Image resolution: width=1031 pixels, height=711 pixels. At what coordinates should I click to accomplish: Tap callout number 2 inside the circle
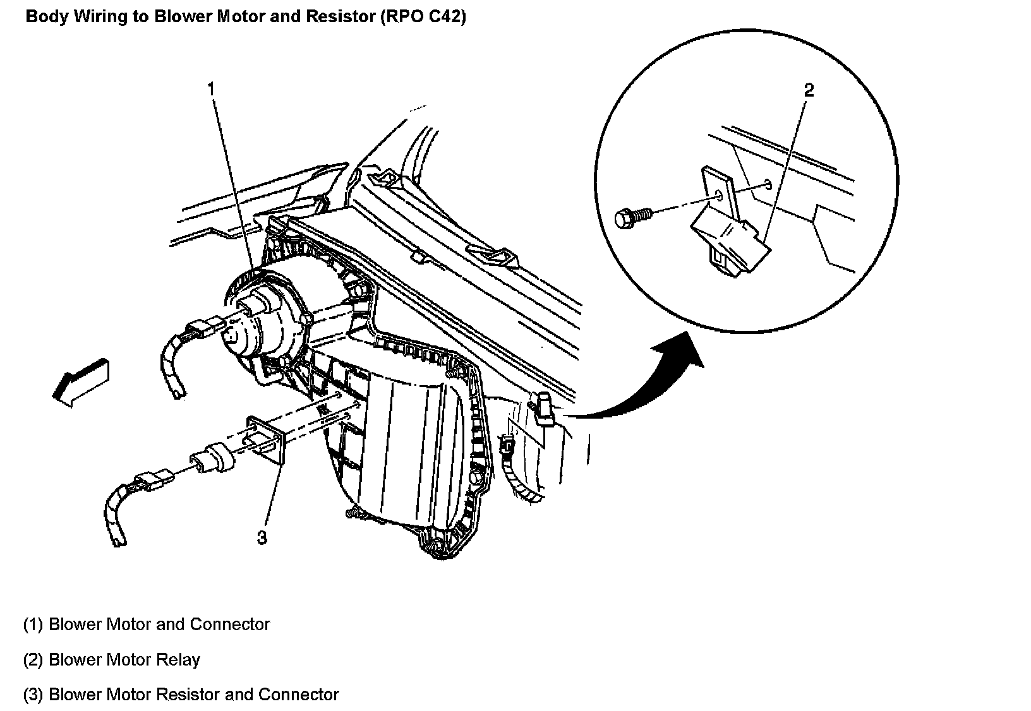coord(809,90)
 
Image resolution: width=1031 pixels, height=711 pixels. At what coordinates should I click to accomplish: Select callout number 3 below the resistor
coord(262,537)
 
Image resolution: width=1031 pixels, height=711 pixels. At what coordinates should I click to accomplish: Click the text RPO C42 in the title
coord(423,17)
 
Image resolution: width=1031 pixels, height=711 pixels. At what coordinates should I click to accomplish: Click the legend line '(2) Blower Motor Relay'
coord(112,660)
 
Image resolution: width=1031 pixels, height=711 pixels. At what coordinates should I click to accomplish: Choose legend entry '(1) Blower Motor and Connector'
coord(147,624)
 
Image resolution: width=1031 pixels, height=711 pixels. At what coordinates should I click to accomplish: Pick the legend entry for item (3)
coord(181,695)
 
